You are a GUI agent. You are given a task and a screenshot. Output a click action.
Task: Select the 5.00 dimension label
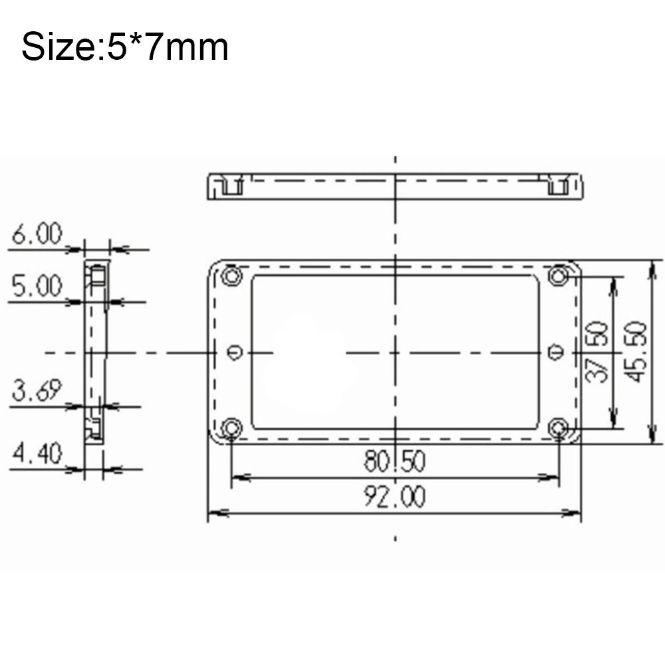[x=37, y=287]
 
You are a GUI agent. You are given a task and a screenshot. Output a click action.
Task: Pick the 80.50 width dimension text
[x=394, y=461]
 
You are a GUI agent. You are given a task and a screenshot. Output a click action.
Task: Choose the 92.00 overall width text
[x=394, y=497]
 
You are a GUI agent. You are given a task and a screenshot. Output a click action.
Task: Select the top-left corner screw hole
[x=231, y=275]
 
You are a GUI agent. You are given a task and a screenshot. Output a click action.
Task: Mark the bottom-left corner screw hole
[x=231, y=427]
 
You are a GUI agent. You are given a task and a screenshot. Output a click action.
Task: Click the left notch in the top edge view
[x=230, y=187]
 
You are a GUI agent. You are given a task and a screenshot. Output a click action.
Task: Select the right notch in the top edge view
[x=558, y=187]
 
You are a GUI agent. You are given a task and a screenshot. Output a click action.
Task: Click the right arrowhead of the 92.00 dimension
[x=574, y=513]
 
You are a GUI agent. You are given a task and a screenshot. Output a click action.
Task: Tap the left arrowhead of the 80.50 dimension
[x=238, y=477]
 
